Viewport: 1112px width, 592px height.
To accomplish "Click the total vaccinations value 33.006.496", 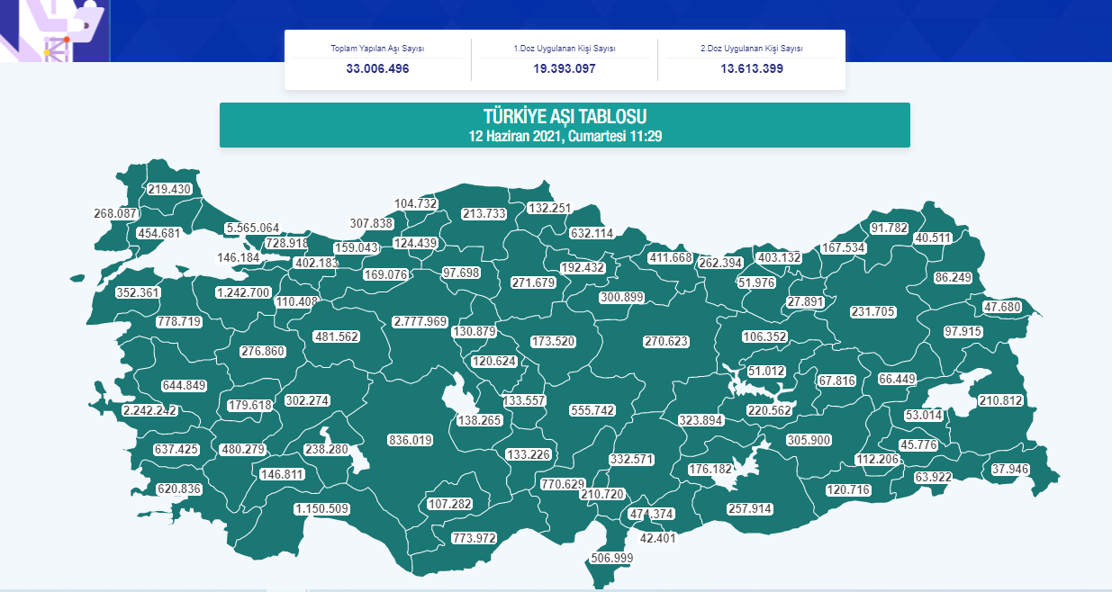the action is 377,68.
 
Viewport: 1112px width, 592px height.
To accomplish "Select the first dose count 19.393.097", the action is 564,68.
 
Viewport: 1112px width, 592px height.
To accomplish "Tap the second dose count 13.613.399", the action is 751,68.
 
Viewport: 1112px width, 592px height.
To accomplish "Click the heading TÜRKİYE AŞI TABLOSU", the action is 565,117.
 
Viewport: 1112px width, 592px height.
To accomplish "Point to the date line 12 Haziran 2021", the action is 565,136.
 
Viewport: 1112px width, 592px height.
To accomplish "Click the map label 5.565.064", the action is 252,228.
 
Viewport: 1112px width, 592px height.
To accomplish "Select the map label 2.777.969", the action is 420,322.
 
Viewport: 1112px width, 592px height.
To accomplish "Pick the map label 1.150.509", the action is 321,509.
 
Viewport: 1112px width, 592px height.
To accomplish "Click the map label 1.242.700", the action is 243,292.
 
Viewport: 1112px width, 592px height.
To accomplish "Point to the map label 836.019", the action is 411,440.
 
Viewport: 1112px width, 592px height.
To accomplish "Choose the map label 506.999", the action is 612,558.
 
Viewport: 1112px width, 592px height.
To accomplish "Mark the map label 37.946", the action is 1010,469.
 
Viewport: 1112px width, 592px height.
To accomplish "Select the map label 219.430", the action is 170,189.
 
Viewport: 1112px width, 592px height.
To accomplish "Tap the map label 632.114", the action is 592,233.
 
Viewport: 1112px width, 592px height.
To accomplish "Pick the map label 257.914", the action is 750,509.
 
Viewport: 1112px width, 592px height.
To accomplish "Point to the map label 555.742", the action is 592,410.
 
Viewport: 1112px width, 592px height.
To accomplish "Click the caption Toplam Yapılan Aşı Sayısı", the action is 377,49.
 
